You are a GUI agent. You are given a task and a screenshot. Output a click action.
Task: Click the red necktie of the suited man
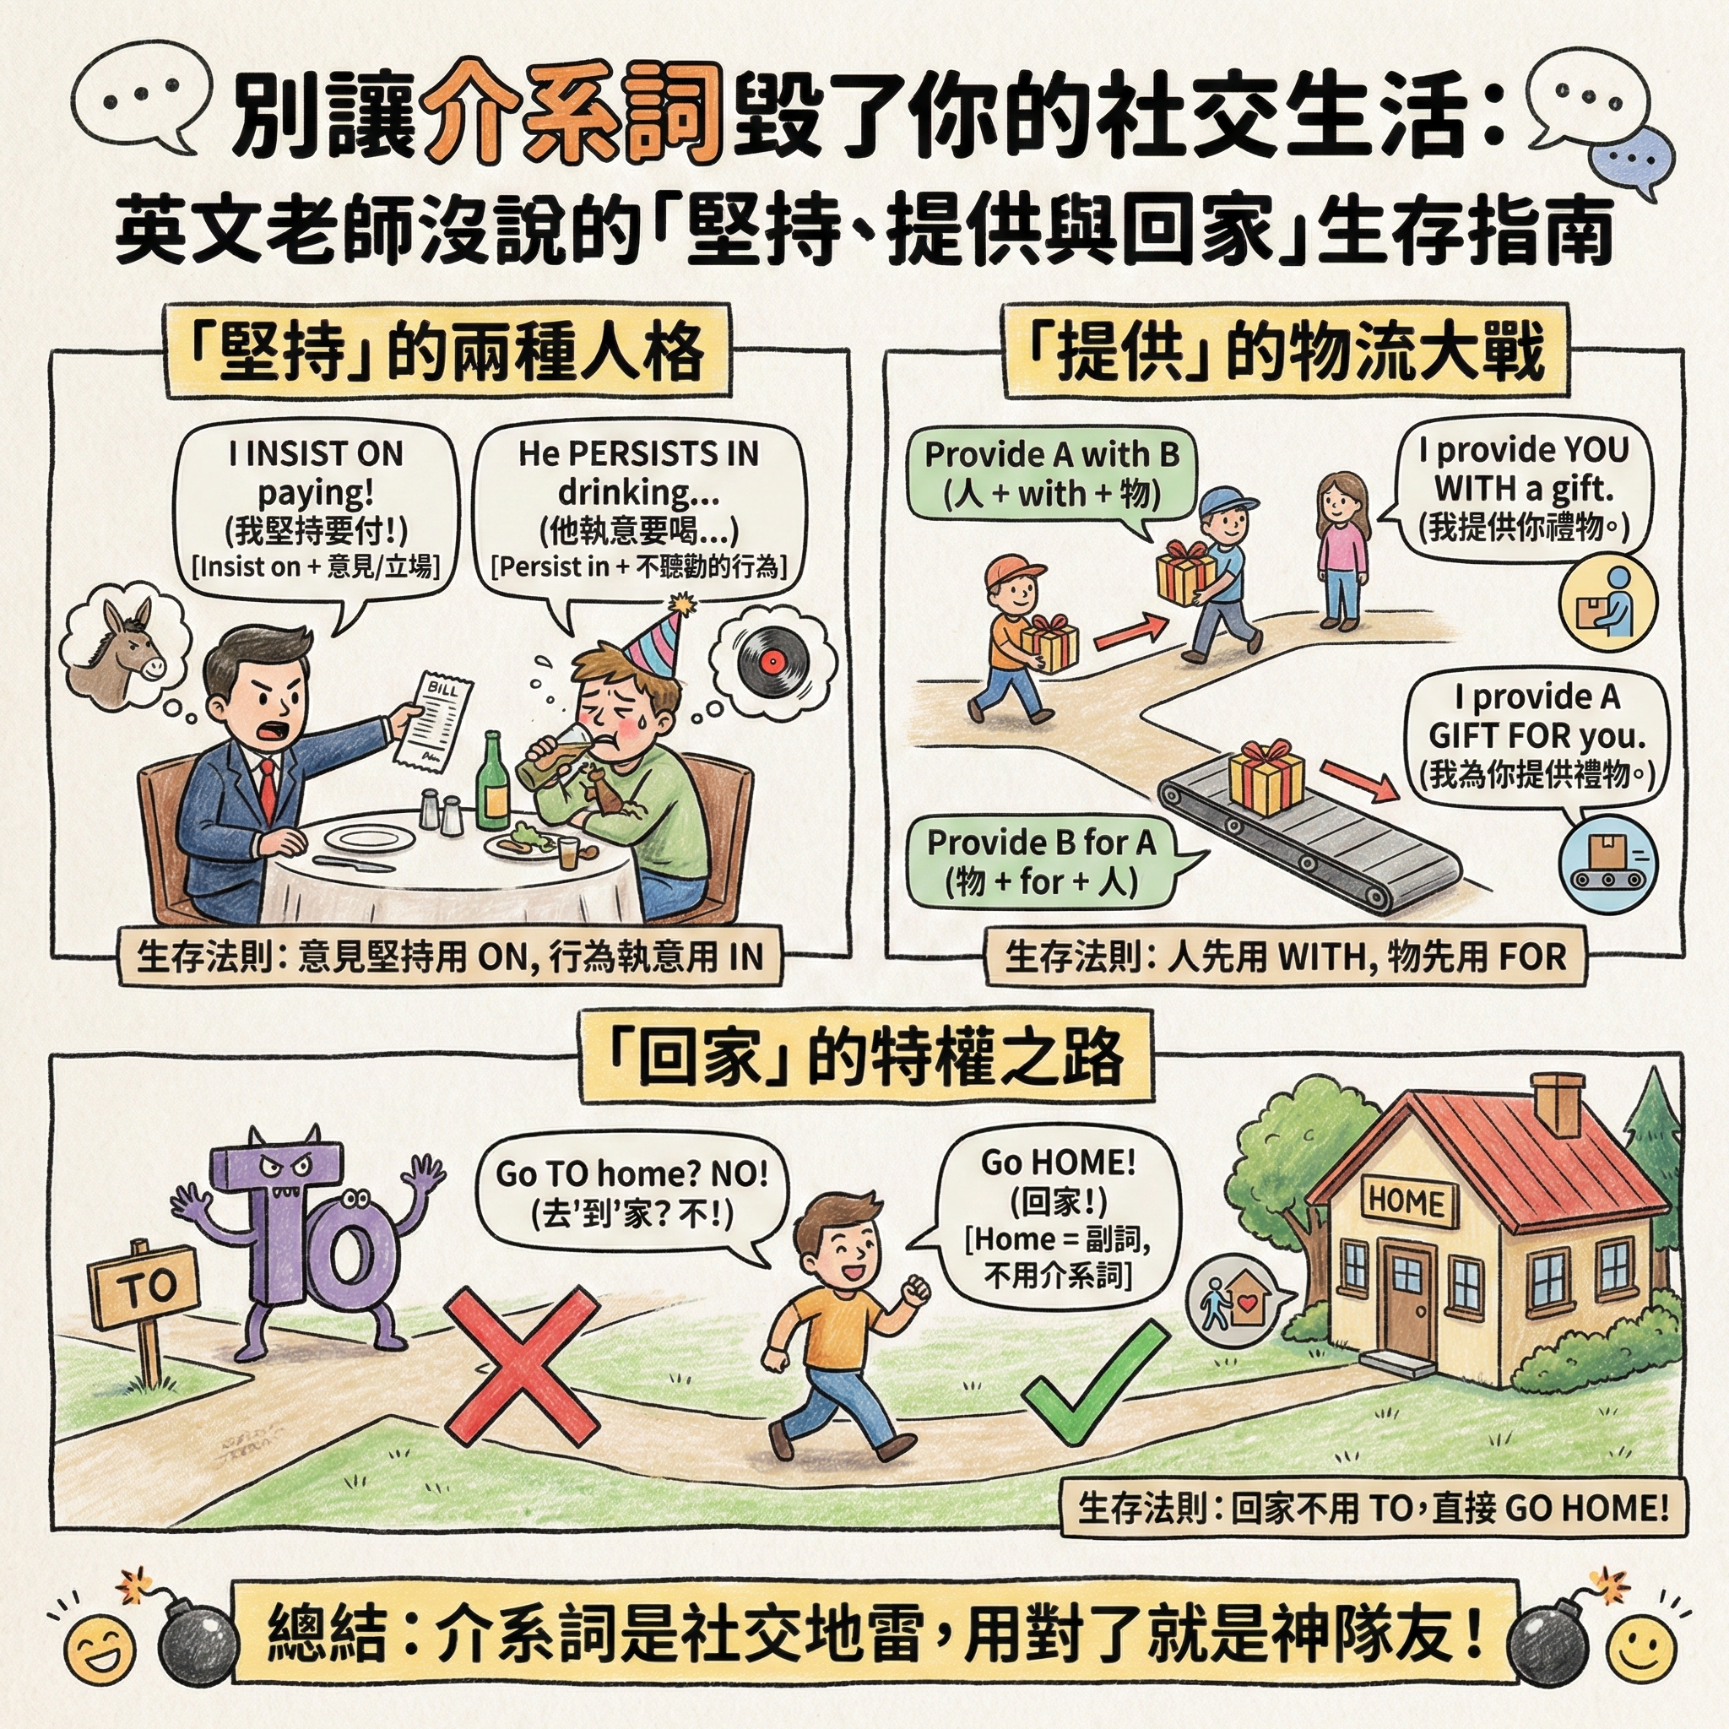pos(266,788)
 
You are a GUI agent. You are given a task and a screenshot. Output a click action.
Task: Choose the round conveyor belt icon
pos(1607,864)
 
